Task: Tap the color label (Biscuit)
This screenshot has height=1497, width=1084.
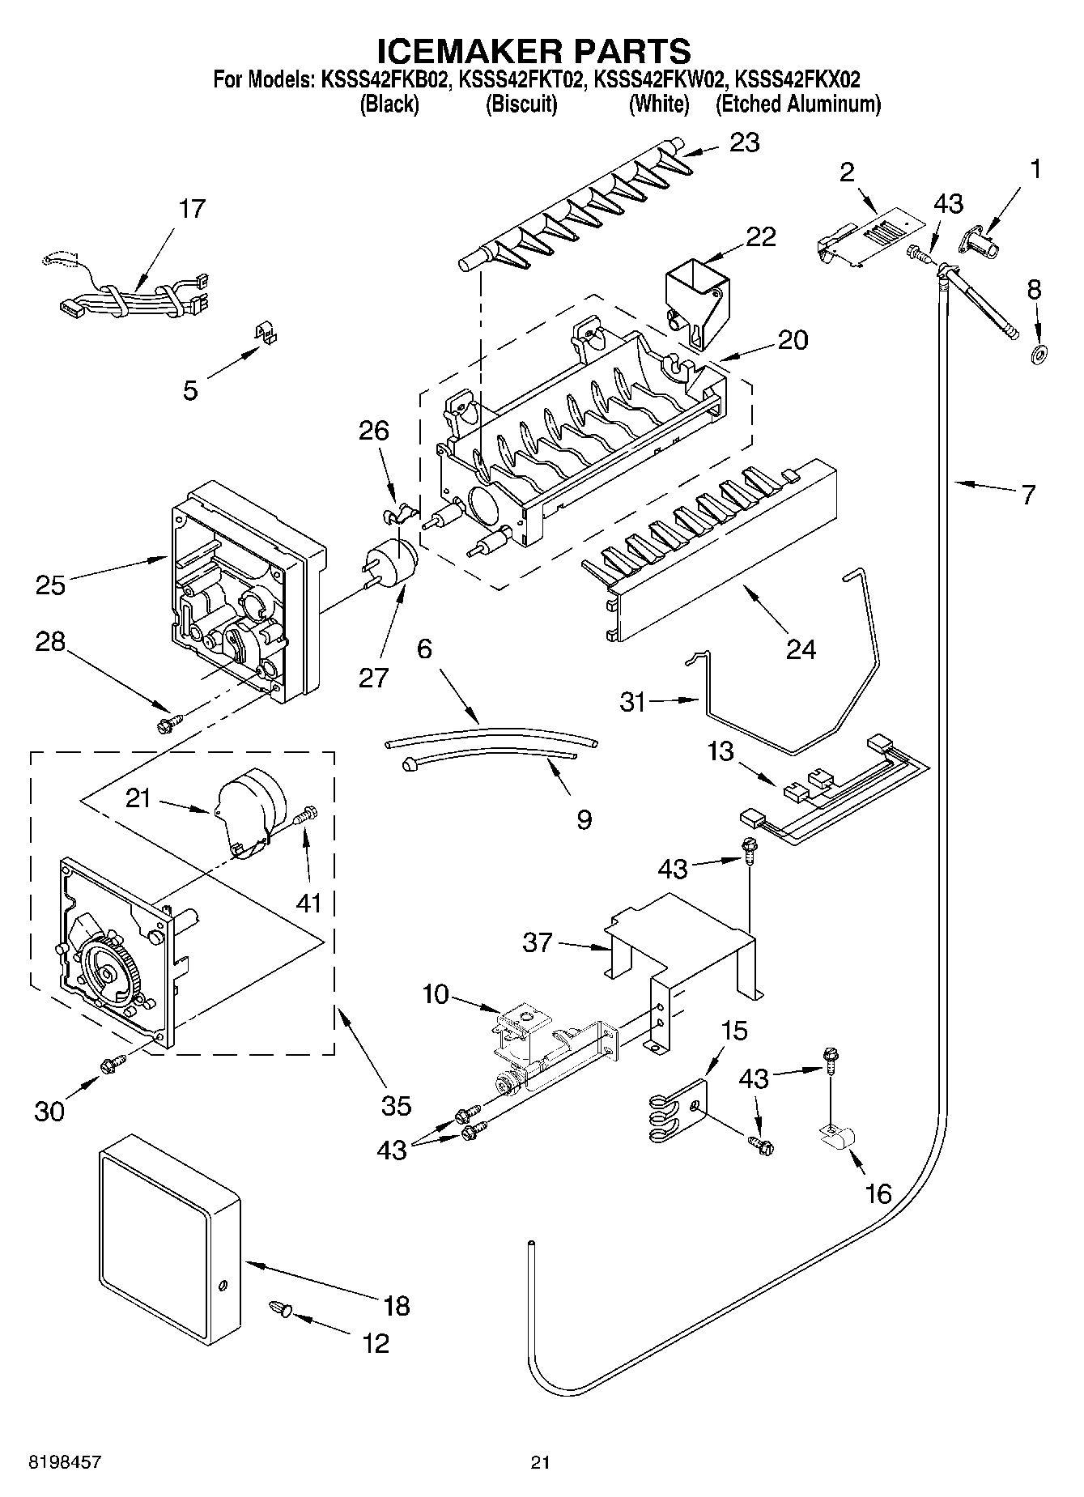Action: coord(521,104)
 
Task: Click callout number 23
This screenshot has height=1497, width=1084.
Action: coord(745,142)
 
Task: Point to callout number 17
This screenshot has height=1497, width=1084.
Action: coord(192,209)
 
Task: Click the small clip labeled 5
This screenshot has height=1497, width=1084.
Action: coord(263,333)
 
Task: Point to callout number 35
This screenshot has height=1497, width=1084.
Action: coord(396,1105)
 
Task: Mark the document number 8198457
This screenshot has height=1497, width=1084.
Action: coord(65,1462)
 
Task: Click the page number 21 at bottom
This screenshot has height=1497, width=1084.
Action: coord(541,1462)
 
